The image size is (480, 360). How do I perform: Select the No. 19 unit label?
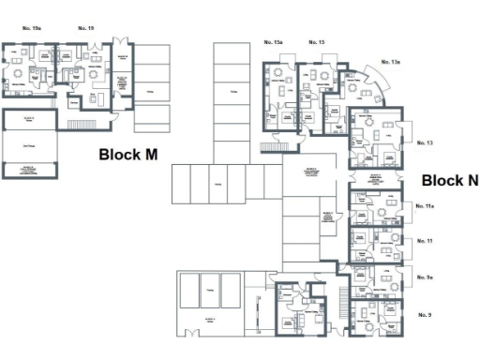pyautogui.click(x=85, y=29)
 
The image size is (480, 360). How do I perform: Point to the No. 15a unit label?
pyautogui.click(x=273, y=43)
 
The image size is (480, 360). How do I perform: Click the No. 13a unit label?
pyautogui.click(x=390, y=62)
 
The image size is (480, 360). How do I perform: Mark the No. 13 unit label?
pyautogui.click(x=424, y=142)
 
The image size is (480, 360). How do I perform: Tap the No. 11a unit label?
pyautogui.click(x=425, y=205)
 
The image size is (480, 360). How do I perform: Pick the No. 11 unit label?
pyautogui.click(x=424, y=241)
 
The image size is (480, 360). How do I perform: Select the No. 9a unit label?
pyautogui.click(x=425, y=277)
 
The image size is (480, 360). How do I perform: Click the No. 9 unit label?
pyautogui.click(x=424, y=314)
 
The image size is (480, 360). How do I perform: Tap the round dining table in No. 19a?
pyautogui.click(x=19, y=73)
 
